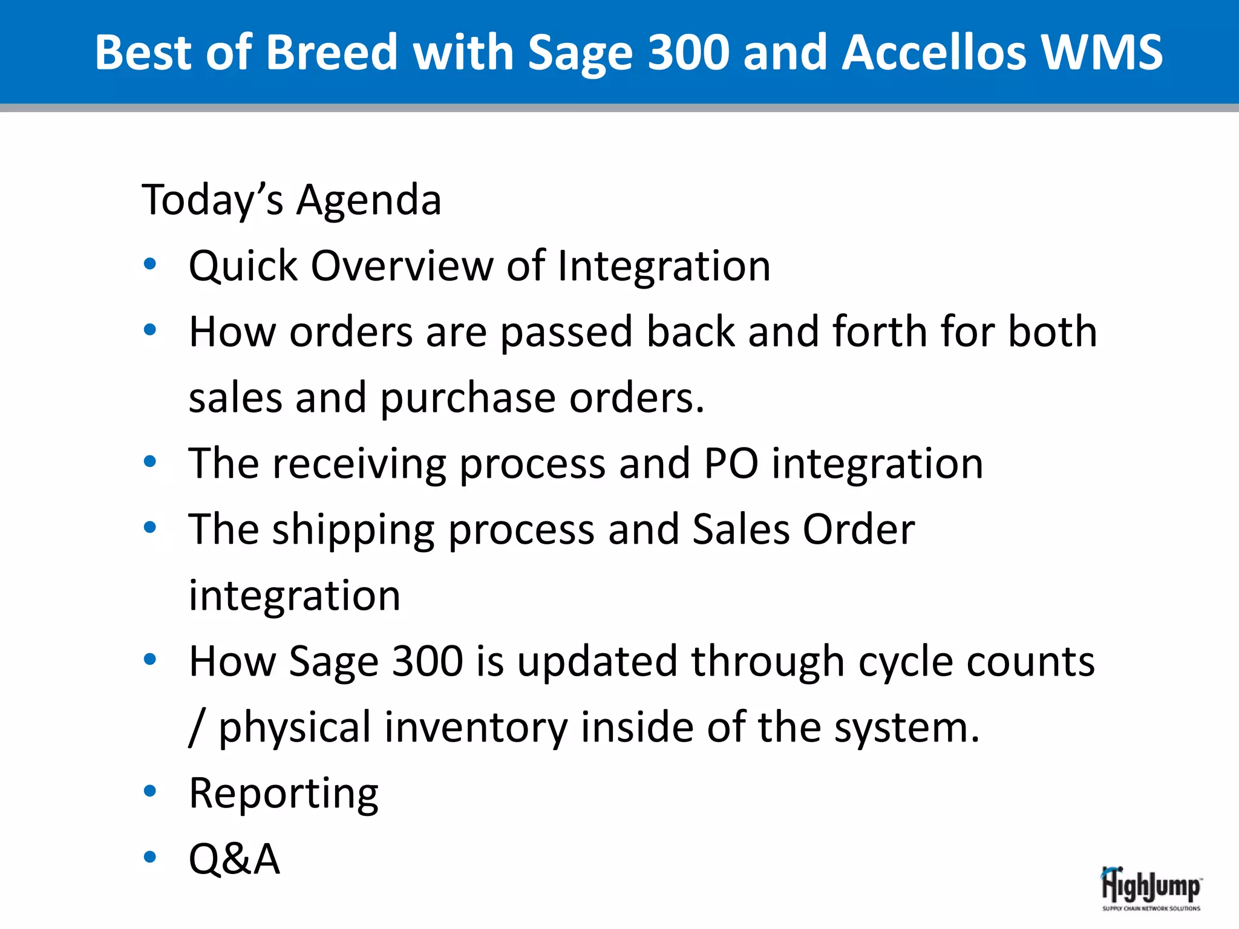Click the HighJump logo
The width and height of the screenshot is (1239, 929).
tap(1151, 888)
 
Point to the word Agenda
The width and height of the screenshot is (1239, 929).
tap(368, 200)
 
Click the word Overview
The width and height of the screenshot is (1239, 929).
tap(402, 266)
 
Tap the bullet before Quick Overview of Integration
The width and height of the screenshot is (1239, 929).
tap(150, 264)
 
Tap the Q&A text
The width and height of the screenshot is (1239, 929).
tap(234, 859)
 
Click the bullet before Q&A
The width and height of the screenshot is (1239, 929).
tap(150, 857)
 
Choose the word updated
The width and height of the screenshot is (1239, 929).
tap(597, 661)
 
